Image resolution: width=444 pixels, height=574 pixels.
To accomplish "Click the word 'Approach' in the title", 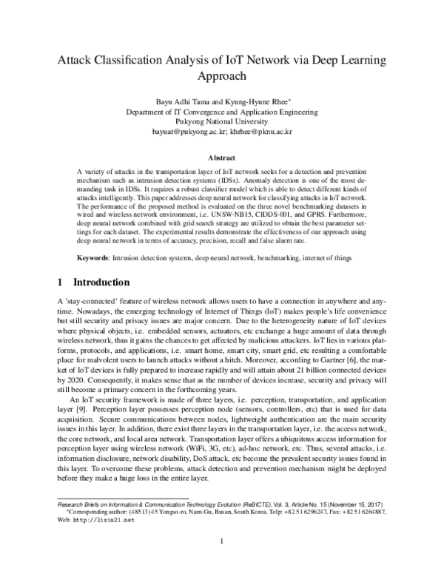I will click(x=222, y=76).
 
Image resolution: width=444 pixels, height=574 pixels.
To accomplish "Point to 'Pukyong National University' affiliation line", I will click(x=222, y=122).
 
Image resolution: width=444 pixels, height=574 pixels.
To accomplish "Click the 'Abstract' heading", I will click(x=222, y=158).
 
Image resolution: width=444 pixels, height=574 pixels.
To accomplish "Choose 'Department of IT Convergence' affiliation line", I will click(x=222, y=112).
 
